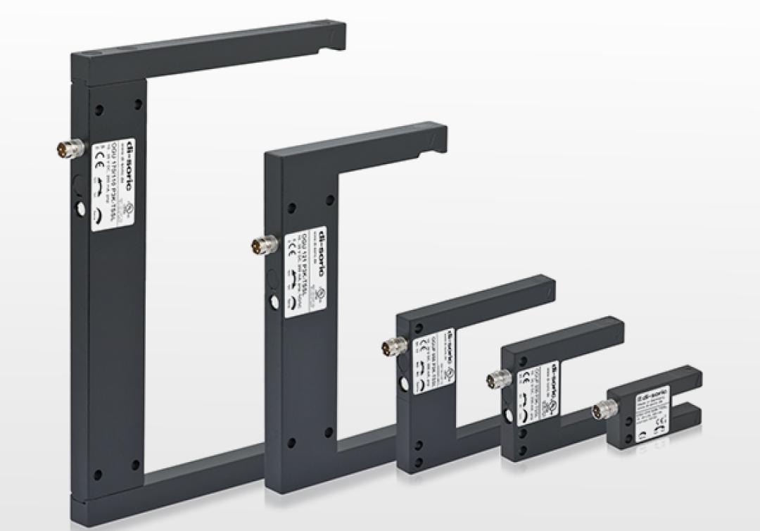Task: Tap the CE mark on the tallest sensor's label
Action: (x=98, y=156)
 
